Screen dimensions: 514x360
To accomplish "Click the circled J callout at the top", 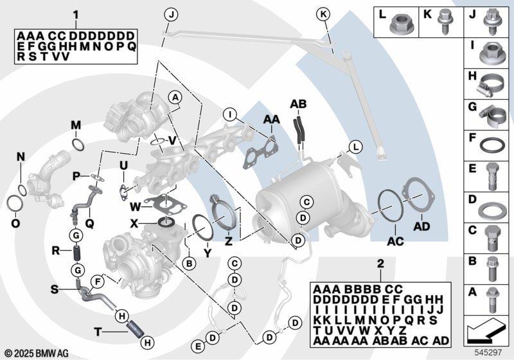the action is pyautogui.click(x=171, y=14).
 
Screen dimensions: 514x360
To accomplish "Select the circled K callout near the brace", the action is pyautogui.click(x=323, y=14).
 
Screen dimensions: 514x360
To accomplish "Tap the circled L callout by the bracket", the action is pyautogui.click(x=356, y=147).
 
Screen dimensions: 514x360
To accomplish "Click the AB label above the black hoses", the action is pyautogui.click(x=298, y=104).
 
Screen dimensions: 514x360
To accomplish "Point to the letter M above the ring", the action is pyautogui.click(x=76, y=125).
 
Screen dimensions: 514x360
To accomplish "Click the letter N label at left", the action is pyautogui.click(x=21, y=157).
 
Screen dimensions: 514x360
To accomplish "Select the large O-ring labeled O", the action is pyautogui.click(x=13, y=204).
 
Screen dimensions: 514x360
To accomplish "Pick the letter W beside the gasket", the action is pyautogui.click(x=136, y=207).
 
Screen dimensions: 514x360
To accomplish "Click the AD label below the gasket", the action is pyautogui.click(x=421, y=226).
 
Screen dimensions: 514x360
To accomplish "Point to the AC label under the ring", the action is pyautogui.click(x=395, y=242).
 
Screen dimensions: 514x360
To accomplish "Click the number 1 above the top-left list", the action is pyautogui.click(x=76, y=15).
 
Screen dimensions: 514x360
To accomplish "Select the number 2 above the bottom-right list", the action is pyautogui.click(x=380, y=264).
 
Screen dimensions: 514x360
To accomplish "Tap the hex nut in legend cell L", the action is pyautogui.click(x=398, y=23).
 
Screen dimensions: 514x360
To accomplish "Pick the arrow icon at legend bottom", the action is pyautogui.click(x=484, y=329).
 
